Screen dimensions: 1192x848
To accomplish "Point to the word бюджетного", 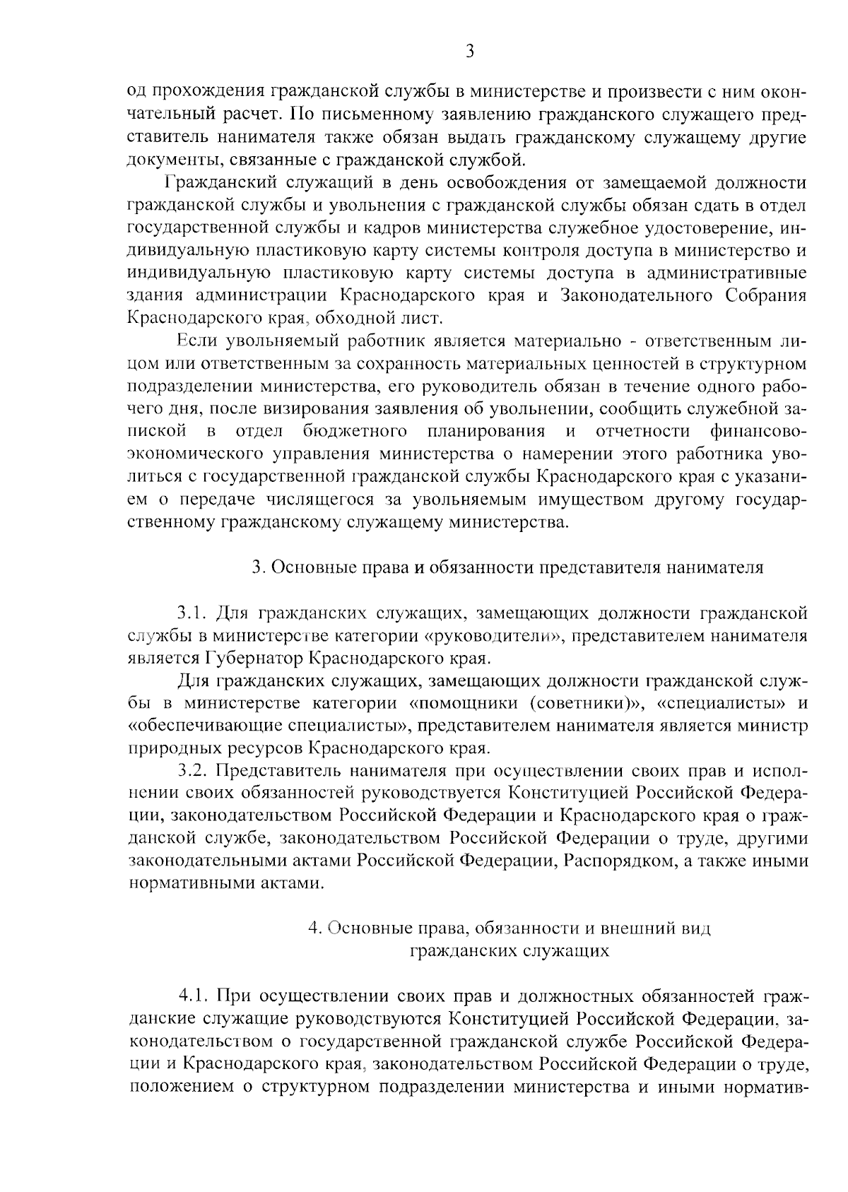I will [355, 431].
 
